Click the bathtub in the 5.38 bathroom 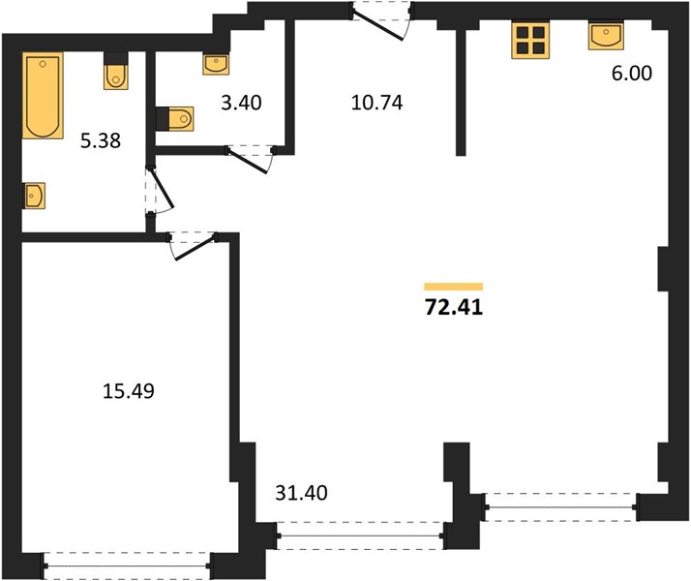coord(43,95)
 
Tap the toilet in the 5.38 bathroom coord(116,72)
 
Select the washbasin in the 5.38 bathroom coord(34,196)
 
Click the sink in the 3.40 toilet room coord(216,64)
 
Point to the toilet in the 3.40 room coord(175,118)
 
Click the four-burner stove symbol coord(530,41)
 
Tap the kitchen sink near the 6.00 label coord(607,35)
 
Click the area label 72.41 coord(454,307)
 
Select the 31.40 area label coord(301,493)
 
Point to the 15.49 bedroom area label coord(129,391)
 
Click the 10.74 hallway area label coord(377,103)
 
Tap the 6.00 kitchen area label coord(632,74)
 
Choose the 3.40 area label coord(242,103)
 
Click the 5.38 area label coord(101,141)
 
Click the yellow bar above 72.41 coord(454,287)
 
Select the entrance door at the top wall coord(381,20)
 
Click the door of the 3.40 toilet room coord(250,158)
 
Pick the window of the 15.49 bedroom coord(127,566)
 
